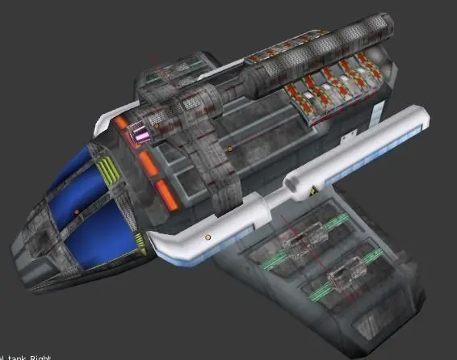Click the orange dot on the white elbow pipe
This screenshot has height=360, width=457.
click(x=207, y=237)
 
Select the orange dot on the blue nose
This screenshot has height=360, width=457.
click(x=77, y=211)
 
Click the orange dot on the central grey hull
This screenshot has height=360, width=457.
click(x=229, y=149)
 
